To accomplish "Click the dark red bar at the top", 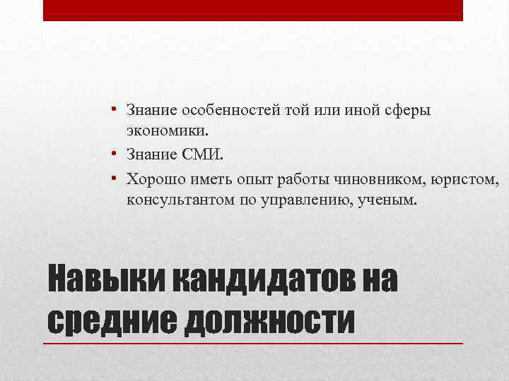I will pyautogui.click(x=253, y=10).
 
